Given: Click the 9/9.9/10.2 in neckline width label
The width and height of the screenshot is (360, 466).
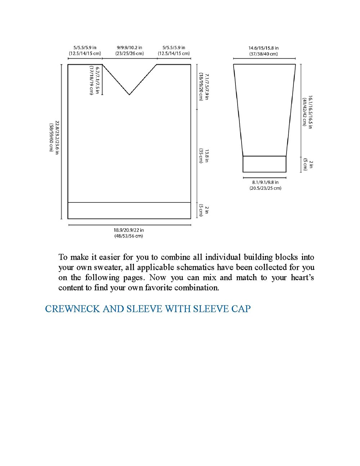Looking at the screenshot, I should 129,48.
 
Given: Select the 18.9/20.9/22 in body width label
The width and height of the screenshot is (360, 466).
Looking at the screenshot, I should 129,230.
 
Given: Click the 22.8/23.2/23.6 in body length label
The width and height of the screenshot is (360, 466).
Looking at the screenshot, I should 57,137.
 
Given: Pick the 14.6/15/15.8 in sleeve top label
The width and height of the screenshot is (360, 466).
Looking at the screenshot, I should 264,48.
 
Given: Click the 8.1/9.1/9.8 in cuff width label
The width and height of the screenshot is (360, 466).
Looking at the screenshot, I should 265,182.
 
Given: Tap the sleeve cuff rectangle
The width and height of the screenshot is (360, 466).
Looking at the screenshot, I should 264,164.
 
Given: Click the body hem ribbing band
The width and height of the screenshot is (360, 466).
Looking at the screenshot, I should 129,210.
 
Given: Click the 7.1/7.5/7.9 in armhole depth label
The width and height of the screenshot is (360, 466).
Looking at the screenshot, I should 207,87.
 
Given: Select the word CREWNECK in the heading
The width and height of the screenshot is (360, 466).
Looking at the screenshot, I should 72,309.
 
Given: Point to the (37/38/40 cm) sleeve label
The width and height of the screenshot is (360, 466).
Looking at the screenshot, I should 264,54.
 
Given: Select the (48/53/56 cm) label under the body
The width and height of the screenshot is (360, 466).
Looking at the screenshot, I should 129,236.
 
